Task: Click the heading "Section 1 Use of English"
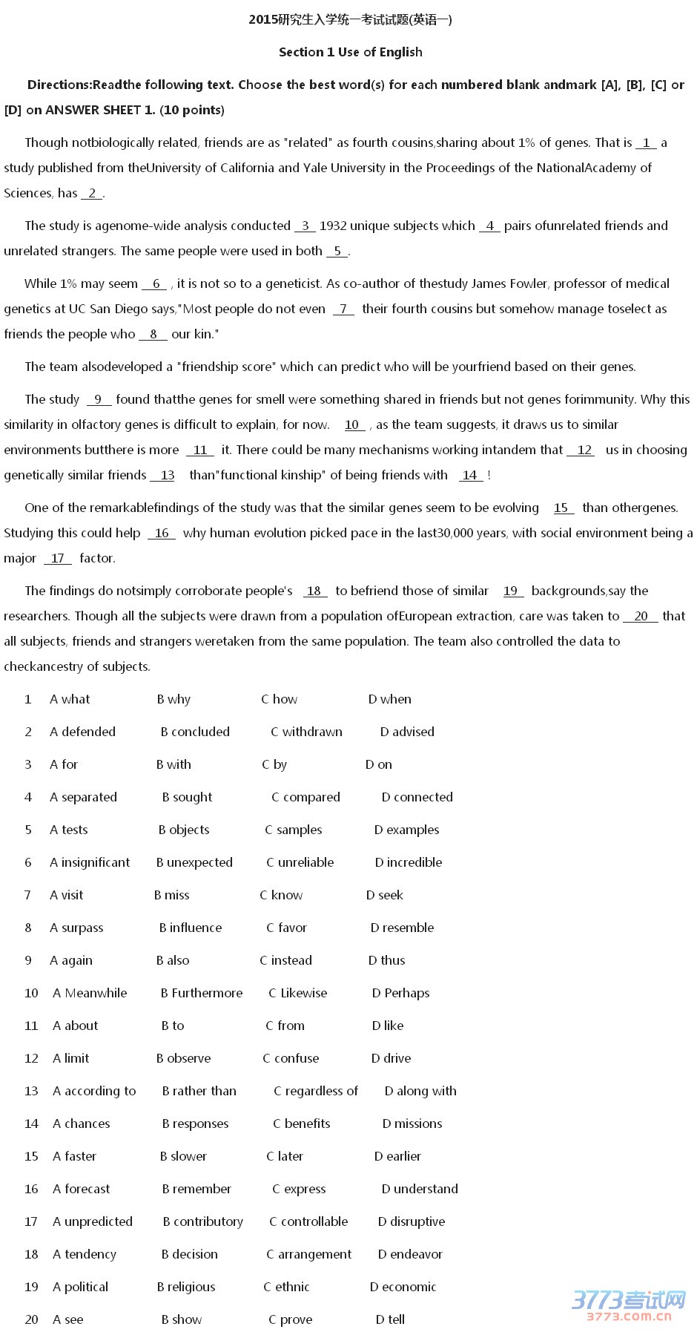pyautogui.click(x=350, y=52)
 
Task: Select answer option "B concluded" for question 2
pyautogui.click(x=195, y=732)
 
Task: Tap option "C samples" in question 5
pyautogui.click(x=294, y=830)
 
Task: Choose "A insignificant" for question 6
pyautogui.click(x=90, y=862)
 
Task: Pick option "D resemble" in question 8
pyautogui.click(x=402, y=928)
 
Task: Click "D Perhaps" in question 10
pyautogui.click(x=400, y=993)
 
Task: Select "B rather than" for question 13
pyautogui.click(x=199, y=1091)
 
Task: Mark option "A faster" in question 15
pyautogui.click(x=75, y=1156)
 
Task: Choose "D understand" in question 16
pyautogui.click(x=420, y=1189)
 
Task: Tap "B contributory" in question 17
pyautogui.click(x=202, y=1221)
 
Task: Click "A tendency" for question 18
pyautogui.click(x=85, y=1254)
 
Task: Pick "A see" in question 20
pyautogui.click(x=68, y=1319)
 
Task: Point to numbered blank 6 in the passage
pyautogui.click(x=155, y=284)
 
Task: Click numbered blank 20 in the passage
pyautogui.click(x=641, y=617)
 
